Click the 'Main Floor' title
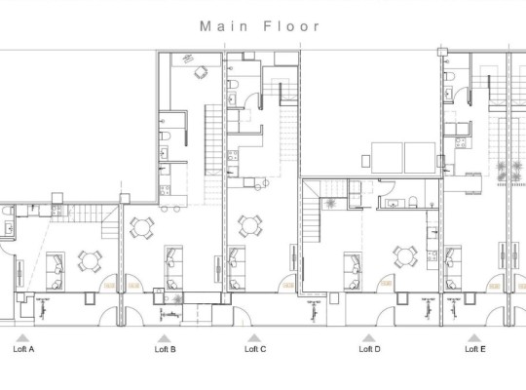click(260, 26)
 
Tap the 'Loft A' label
click(23, 348)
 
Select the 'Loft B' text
click(165, 348)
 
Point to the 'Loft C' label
click(255, 348)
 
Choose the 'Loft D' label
click(369, 348)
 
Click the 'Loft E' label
click(474, 348)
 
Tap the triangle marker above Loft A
click(23, 337)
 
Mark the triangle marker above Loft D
click(369, 337)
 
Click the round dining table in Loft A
click(91, 260)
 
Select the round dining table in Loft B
click(142, 226)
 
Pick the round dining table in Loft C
click(250, 226)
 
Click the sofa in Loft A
click(56, 263)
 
